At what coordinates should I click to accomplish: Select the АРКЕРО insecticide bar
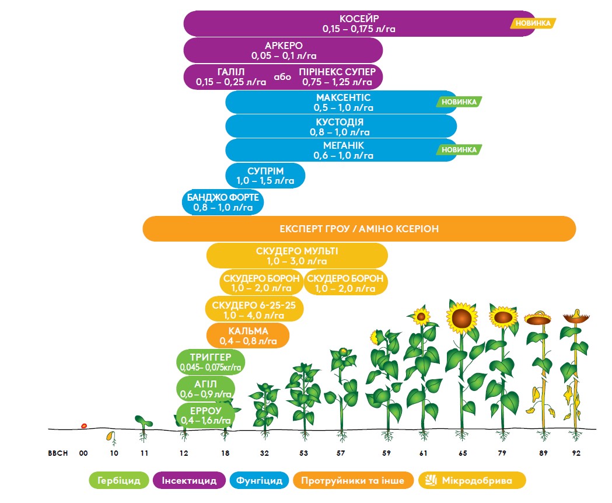[x=284, y=50]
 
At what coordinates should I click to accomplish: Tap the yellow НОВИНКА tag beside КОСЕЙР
[x=533, y=23]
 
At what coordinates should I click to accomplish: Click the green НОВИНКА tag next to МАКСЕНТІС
[x=459, y=102]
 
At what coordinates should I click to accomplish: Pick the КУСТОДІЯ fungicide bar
[x=341, y=127]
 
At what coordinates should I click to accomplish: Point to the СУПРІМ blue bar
[x=265, y=176]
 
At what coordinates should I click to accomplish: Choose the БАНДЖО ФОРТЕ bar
[x=223, y=202]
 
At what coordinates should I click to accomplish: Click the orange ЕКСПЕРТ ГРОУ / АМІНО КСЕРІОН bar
[x=359, y=229]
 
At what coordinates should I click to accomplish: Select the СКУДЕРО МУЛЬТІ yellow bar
[x=297, y=256]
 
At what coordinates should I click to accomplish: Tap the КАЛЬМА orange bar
[x=249, y=336]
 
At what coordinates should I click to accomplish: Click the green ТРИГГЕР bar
[x=211, y=362]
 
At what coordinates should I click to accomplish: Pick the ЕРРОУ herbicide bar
[x=205, y=415]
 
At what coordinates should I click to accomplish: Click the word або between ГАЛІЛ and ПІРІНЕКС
[x=282, y=76]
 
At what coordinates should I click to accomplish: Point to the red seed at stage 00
[x=84, y=425]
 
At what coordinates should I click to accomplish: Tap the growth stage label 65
[x=461, y=453]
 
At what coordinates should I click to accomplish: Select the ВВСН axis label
[x=58, y=453]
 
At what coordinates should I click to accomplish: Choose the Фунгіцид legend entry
[x=260, y=481]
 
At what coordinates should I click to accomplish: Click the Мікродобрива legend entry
[x=473, y=481]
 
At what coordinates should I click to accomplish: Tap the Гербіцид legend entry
[x=118, y=481]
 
